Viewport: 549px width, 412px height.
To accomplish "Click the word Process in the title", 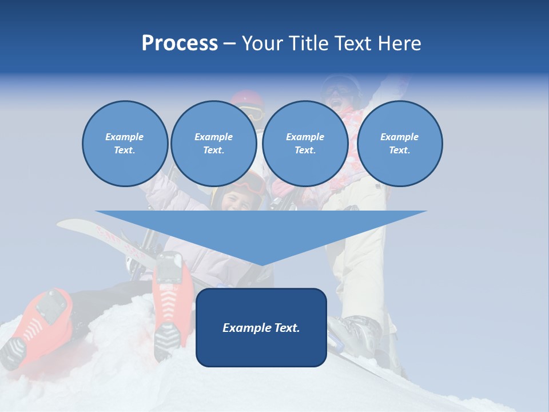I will [180, 43].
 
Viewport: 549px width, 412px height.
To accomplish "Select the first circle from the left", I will [125, 144].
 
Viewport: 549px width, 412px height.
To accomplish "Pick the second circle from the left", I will [213, 144].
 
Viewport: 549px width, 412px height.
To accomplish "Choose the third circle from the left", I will [305, 144].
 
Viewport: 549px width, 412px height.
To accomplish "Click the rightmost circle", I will [399, 144].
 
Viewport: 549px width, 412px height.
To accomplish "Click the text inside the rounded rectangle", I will [261, 328].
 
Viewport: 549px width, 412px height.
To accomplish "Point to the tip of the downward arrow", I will [261, 264].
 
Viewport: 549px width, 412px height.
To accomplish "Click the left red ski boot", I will [46, 320].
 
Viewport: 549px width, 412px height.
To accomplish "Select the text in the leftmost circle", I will [125, 144].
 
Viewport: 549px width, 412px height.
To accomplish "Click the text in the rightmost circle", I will [399, 144].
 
